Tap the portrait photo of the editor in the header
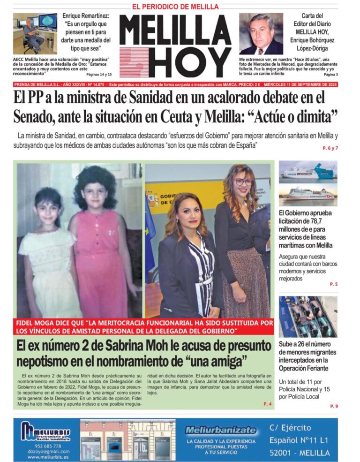pos(261,34)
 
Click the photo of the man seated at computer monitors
pos(35,34)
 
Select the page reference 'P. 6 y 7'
pos(330,148)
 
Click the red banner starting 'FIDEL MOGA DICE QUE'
pos(143,327)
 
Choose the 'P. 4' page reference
pos(268,404)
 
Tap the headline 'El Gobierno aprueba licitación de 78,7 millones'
pos(306,229)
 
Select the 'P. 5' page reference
pos(333,284)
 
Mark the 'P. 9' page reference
pos(333,406)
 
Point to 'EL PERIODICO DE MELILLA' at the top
pos(175,7)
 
